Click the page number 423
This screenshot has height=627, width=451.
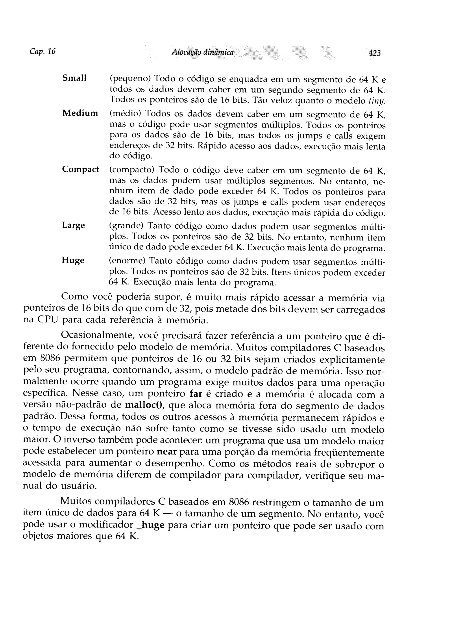tap(374, 53)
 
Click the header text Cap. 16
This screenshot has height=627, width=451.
tap(42, 51)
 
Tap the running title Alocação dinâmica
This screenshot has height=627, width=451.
tap(202, 52)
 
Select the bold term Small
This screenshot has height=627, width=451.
tap(74, 78)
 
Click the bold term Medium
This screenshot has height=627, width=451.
tap(80, 113)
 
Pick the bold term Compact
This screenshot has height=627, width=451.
tap(80, 169)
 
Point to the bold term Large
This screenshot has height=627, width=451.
tap(73, 225)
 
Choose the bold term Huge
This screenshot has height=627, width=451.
tap(73, 260)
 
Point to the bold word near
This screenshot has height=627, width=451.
tap(166, 452)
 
